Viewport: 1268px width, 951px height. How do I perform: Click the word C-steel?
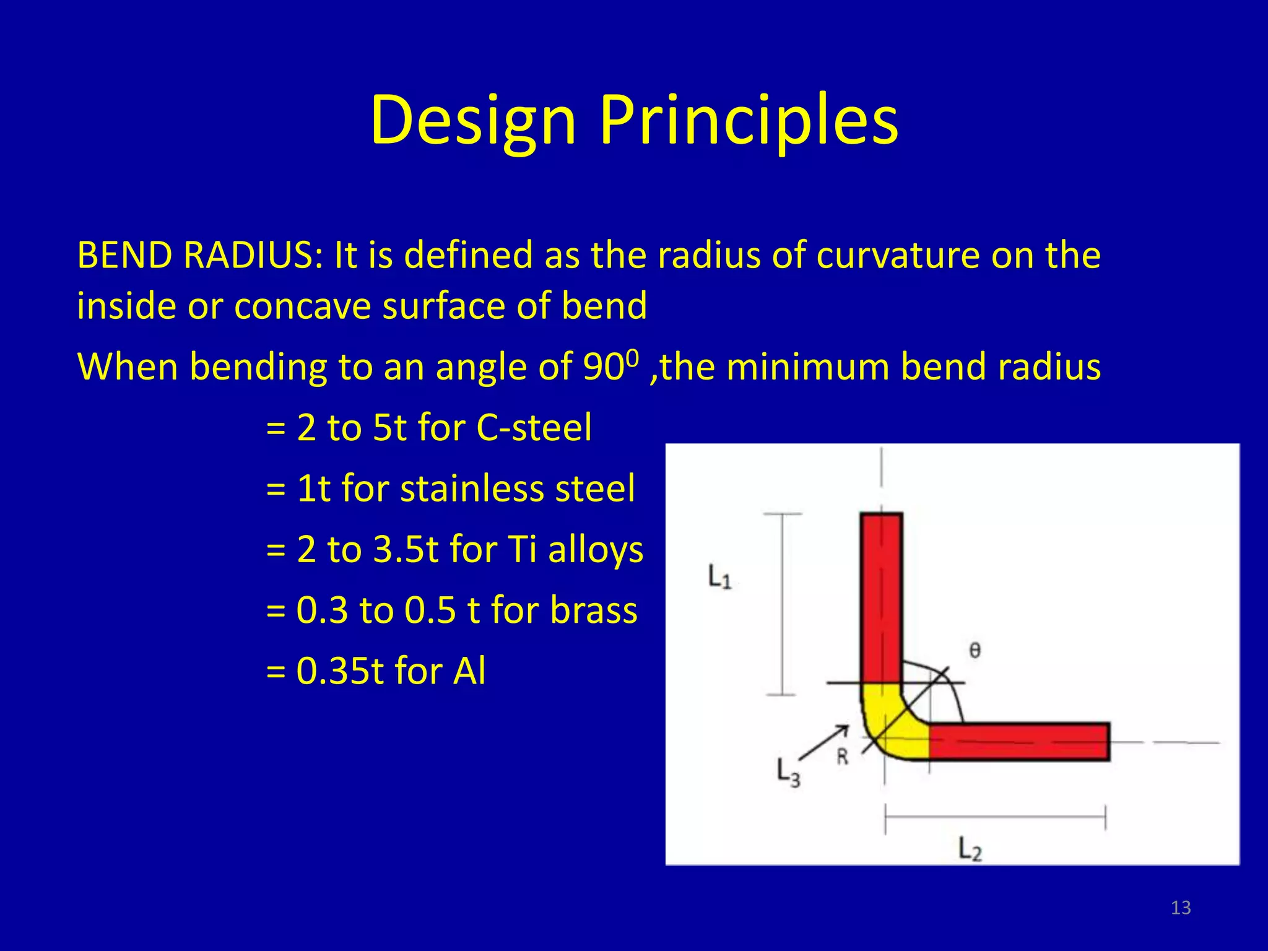pos(534,427)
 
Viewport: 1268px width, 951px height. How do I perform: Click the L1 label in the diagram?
pos(719,577)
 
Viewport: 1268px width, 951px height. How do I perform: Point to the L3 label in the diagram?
pos(788,773)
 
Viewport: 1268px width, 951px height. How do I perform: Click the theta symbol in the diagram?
pos(975,650)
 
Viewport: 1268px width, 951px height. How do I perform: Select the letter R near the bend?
pos(843,757)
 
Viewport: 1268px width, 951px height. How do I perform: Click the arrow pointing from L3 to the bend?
pos(823,742)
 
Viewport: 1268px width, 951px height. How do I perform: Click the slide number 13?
pos(1181,908)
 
